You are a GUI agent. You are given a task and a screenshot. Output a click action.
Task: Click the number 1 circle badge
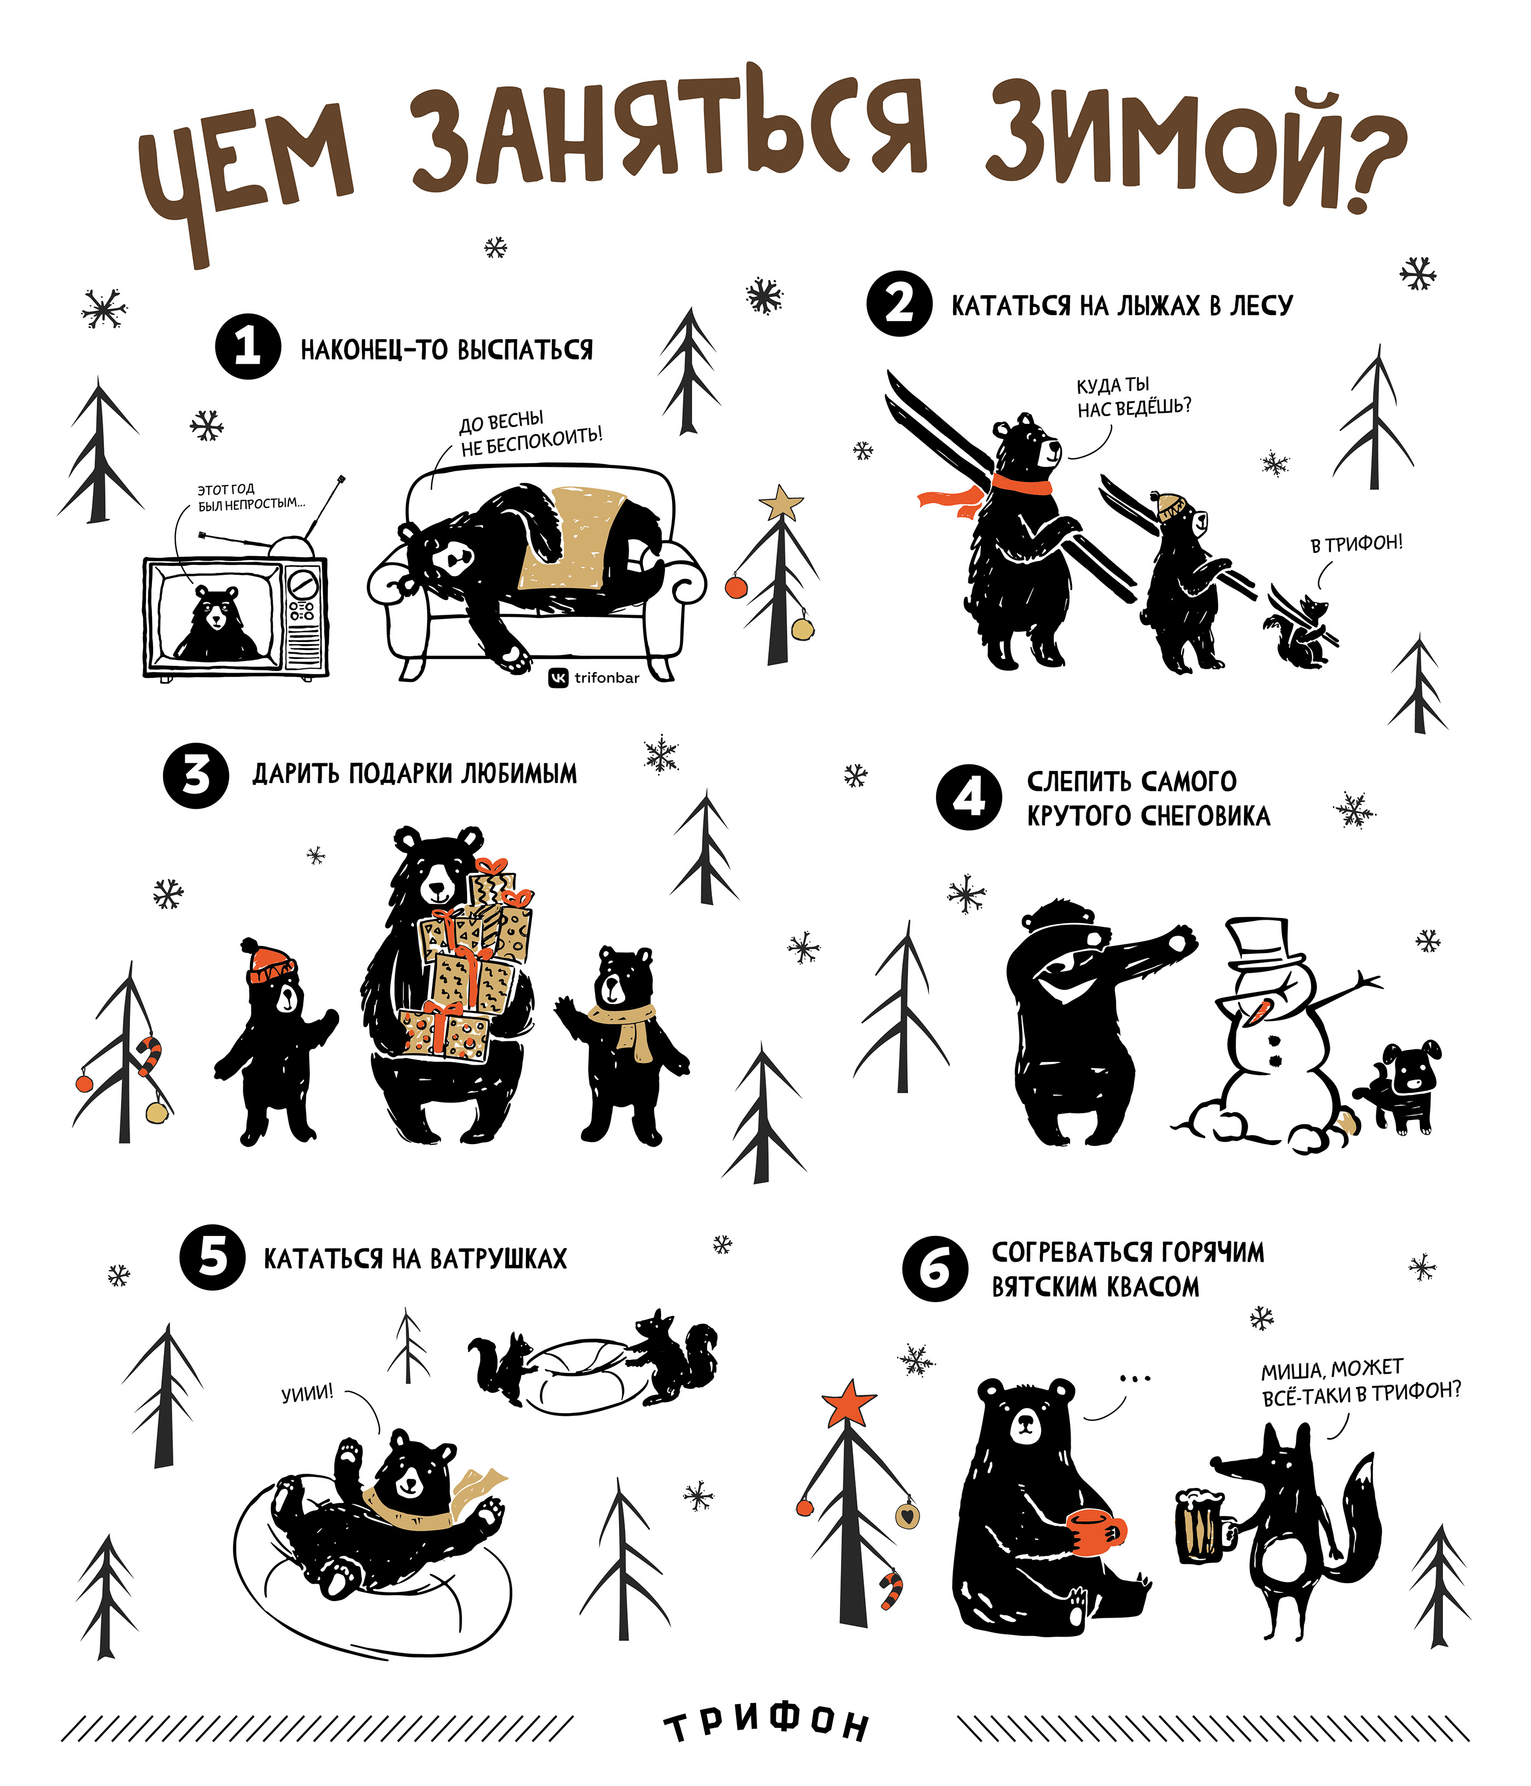pyautogui.click(x=248, y=347)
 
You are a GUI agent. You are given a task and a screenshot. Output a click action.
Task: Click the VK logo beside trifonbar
pyautogui.click(x=559, y=679)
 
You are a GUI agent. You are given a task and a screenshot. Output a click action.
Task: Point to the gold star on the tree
pyautogui.click(x=781, y=501)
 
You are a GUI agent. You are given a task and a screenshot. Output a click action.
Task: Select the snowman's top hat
pyautogui.click(x=1263, y=945)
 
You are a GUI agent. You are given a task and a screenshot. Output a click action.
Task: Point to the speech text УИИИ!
pyautogui.click(x=308, y=1394)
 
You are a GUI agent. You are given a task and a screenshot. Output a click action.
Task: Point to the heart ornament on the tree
pyautogui.click(x=907, y=1514)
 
